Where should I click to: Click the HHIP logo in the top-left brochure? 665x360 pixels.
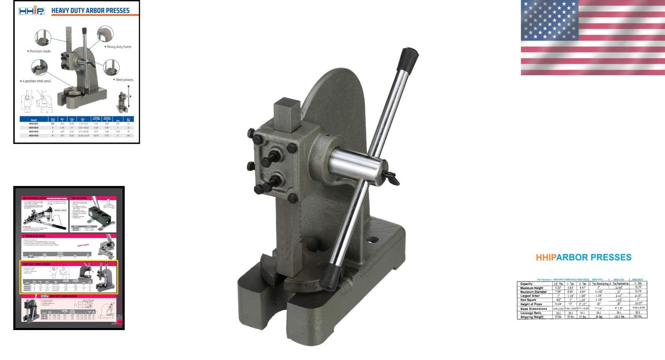(31, 10)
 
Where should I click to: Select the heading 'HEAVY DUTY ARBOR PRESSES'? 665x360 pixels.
(90, 10)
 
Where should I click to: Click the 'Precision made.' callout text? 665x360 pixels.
(40, 51)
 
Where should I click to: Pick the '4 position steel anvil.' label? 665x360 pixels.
(36, 81)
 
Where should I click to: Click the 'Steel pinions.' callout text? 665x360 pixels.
(124, 79)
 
